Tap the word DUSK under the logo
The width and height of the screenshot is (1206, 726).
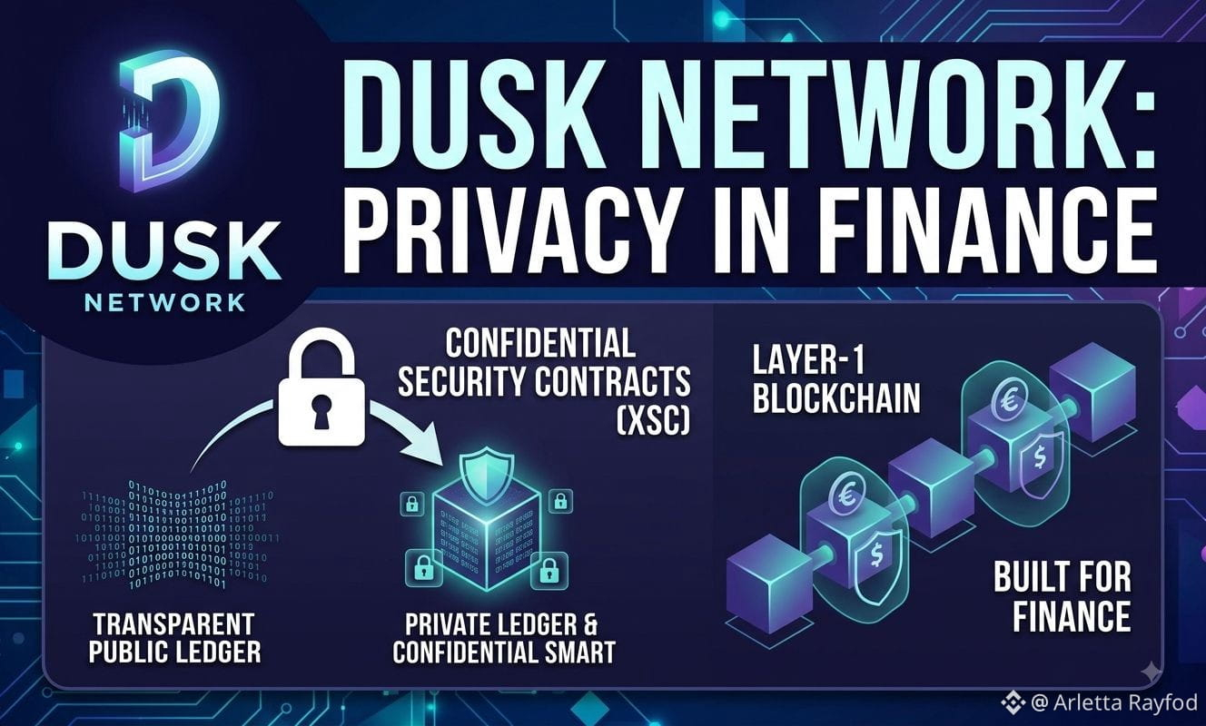point(164,253)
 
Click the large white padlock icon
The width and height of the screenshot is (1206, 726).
point(321,388)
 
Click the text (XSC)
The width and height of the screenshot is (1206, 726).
point(652,421)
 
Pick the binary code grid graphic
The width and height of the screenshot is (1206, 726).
point(178,534)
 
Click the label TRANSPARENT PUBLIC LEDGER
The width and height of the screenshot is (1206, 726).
point(174,639)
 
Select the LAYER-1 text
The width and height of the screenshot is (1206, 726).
point(807,360)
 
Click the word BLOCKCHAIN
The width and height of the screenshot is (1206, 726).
point(836,399)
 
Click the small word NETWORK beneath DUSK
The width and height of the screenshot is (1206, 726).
point(165,303)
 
